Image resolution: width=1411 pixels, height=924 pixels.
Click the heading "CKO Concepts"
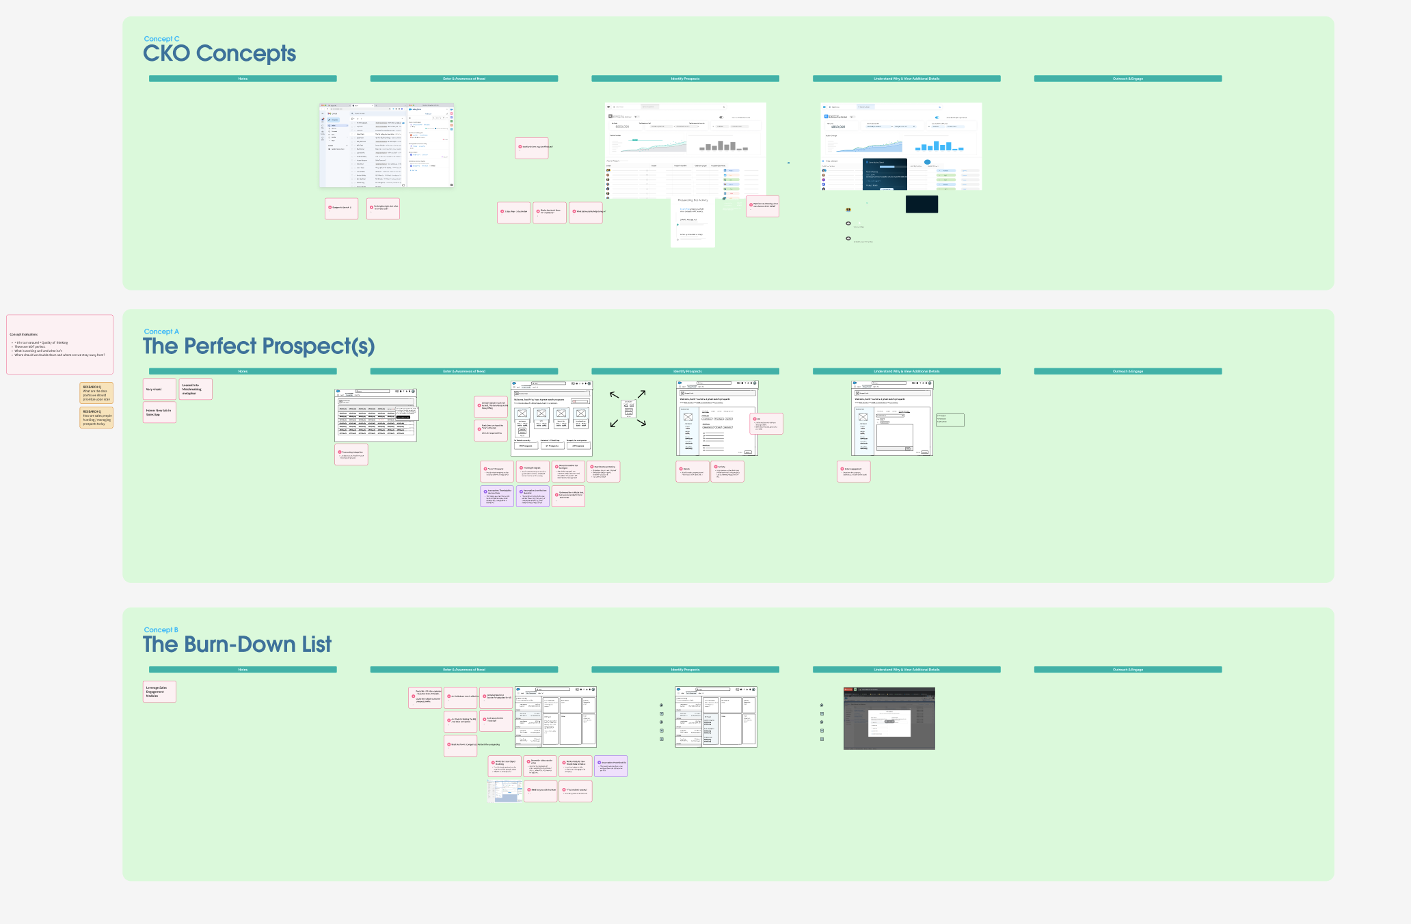tap(219, 53)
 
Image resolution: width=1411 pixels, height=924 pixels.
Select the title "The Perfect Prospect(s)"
tap(258, 346)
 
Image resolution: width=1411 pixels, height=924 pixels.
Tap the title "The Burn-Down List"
tap(237, 644)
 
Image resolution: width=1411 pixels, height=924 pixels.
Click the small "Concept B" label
tap(161, 630)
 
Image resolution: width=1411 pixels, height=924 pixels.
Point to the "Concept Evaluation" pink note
tap(59, 344)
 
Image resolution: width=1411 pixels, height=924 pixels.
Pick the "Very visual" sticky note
tap(159, 389)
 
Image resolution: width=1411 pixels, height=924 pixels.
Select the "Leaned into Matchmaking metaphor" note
tap(196, 389)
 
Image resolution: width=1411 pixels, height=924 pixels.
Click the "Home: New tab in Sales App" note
tap(159, 412)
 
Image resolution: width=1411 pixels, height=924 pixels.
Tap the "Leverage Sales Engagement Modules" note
tap(159, 692)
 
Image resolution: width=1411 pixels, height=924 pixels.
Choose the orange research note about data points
tap(96, 393)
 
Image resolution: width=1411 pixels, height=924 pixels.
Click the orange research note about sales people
tap(96, 418)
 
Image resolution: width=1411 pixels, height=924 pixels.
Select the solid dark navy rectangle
tap(922, 204)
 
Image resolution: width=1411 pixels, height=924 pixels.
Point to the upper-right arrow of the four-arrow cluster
tap(642, 394)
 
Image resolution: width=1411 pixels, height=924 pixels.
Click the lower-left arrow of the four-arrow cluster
tap(614, 424)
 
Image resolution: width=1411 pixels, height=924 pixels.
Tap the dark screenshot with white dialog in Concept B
tap(889, 718)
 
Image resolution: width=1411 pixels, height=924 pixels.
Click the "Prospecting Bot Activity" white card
tap(693, 222)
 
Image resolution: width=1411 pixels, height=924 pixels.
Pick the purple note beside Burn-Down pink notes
tap(610, 766)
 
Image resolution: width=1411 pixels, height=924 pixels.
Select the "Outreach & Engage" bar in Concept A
tap(1127, 372)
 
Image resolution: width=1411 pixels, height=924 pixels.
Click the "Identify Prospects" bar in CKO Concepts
tap(685, 79)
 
